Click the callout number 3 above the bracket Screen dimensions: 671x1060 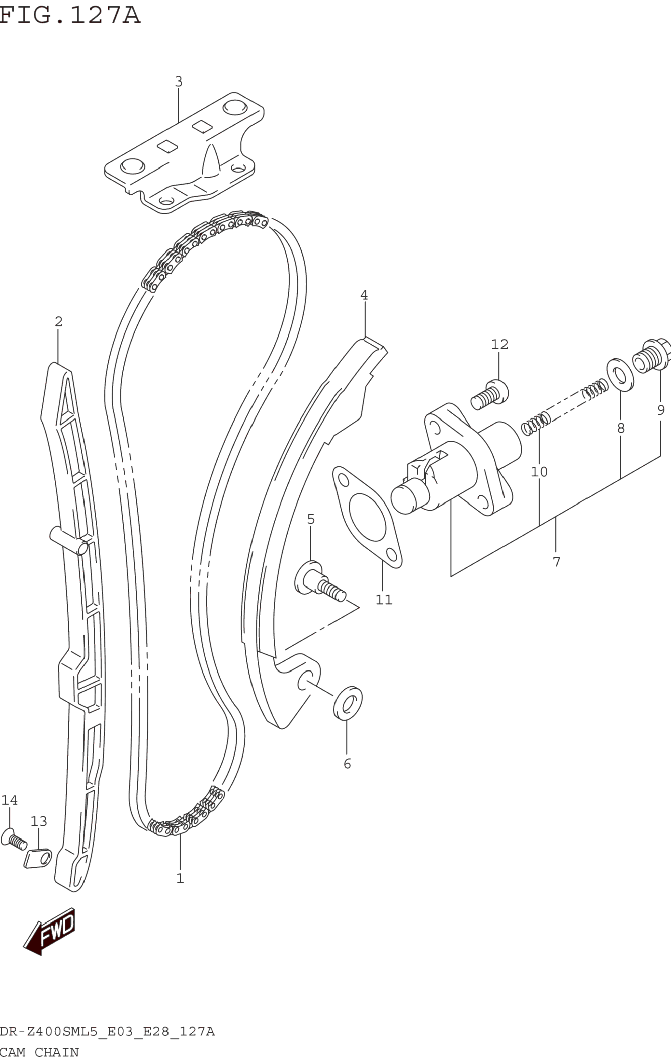tap(178, 81)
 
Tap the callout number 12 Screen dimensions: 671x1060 tap(500, 344)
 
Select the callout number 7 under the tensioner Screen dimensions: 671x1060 tap(556, 562)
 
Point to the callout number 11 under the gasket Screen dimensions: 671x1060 tap(384, 599)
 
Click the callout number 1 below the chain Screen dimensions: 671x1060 tap(180, 878)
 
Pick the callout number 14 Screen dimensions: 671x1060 tap(10, 800)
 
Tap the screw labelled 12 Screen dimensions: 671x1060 tap(490, 394)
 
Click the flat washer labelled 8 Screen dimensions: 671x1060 tap(620, 375)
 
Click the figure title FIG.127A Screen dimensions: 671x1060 tap(70, 15)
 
